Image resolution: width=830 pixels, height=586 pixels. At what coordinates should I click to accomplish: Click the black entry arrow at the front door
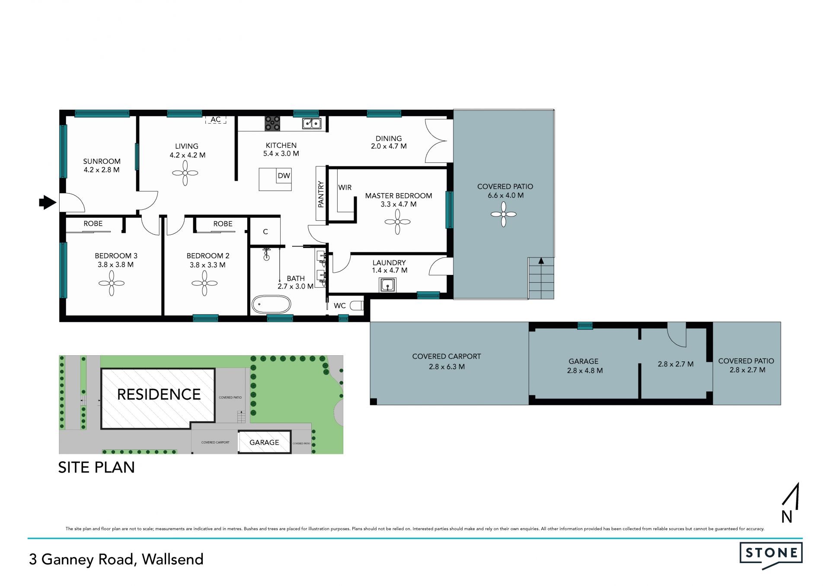48,202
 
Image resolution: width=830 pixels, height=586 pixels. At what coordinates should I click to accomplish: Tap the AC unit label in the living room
216,120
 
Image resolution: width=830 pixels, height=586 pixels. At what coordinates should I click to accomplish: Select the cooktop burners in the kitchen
272,124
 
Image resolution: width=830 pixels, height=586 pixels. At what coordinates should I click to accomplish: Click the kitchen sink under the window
312,124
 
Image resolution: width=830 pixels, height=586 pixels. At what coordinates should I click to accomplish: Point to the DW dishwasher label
284,175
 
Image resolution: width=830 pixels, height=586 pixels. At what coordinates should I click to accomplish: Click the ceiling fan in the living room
185,173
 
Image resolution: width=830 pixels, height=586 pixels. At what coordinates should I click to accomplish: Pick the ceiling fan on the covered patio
504,214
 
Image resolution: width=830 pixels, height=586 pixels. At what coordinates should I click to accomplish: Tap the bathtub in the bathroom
271,304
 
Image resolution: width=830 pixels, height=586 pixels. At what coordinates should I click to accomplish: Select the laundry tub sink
387,285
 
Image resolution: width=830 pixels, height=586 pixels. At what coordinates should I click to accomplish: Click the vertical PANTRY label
321,194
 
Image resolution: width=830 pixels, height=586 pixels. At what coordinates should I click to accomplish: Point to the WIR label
345,188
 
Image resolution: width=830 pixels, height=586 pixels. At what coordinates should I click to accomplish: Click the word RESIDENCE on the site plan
159,394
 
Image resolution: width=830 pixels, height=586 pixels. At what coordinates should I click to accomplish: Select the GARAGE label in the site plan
264,443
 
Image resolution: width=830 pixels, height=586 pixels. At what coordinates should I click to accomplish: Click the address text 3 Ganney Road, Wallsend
116,559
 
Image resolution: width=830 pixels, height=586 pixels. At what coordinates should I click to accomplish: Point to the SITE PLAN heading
96,467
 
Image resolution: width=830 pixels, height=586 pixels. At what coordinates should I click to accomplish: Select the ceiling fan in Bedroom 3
112,283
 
